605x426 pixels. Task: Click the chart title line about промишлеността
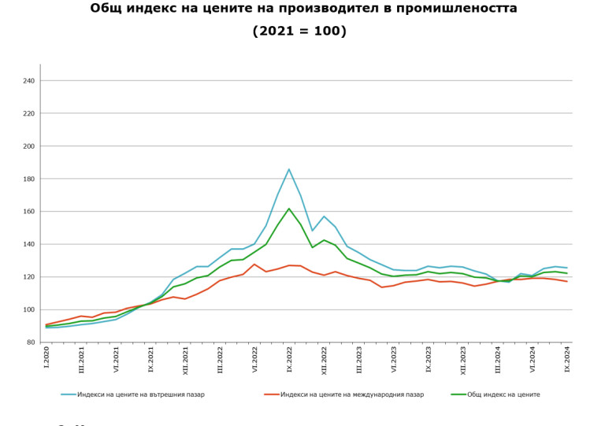[303, 9]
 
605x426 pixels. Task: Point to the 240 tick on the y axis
[29, 81]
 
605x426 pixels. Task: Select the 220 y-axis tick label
[29, 113]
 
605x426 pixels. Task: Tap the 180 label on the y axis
[29, 179]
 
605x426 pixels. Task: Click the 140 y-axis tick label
[29, 244]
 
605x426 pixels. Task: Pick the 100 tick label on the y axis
[29, 309]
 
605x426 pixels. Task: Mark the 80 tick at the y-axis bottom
[31, 343]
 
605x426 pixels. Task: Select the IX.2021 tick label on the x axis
[150, 359]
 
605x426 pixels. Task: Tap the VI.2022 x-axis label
[254, 359]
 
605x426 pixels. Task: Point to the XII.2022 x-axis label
[324, 360]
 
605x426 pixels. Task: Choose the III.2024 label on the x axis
[497, 360]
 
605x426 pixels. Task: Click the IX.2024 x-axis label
[567, 359]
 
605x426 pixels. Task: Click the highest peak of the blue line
[289, 169]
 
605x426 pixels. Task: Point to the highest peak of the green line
[289, 209]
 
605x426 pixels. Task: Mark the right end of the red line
[567, 281]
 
